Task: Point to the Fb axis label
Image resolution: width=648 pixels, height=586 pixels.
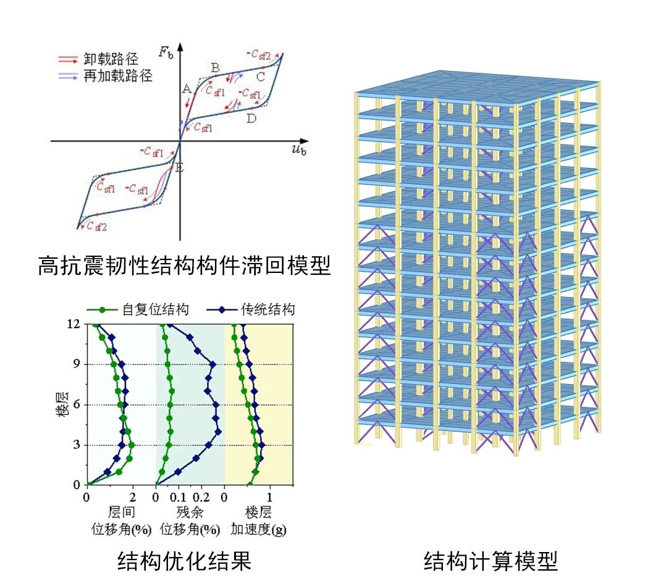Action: (x=166, y=52)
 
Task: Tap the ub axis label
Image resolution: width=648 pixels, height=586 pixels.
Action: (x=299, y=149)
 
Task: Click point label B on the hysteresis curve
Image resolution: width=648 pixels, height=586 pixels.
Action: (x=215, y=68)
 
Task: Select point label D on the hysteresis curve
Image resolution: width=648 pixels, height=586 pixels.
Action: (x=251, y=119)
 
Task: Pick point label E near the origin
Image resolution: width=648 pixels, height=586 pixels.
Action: (x=179, y=168)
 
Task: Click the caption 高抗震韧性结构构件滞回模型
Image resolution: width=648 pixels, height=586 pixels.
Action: (x=184, y=265)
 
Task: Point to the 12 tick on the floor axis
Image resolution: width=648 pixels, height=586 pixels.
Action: (x=74, y=324)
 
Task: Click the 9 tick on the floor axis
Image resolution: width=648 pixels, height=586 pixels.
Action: (x=77, y=364)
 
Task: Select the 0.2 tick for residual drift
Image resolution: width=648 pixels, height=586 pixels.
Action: (x=201, y=497)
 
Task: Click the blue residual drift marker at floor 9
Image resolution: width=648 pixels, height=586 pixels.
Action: (x=213, y=365)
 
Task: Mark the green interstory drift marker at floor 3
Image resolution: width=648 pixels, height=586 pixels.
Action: (x=132, y=445)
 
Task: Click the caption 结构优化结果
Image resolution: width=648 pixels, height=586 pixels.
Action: (x=184, y=561)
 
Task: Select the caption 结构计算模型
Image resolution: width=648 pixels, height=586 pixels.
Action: (x=490, y=561)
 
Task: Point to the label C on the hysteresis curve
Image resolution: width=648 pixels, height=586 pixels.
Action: (x=260, y=77)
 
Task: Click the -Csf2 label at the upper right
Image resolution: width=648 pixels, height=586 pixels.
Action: (x=259, y=54)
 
